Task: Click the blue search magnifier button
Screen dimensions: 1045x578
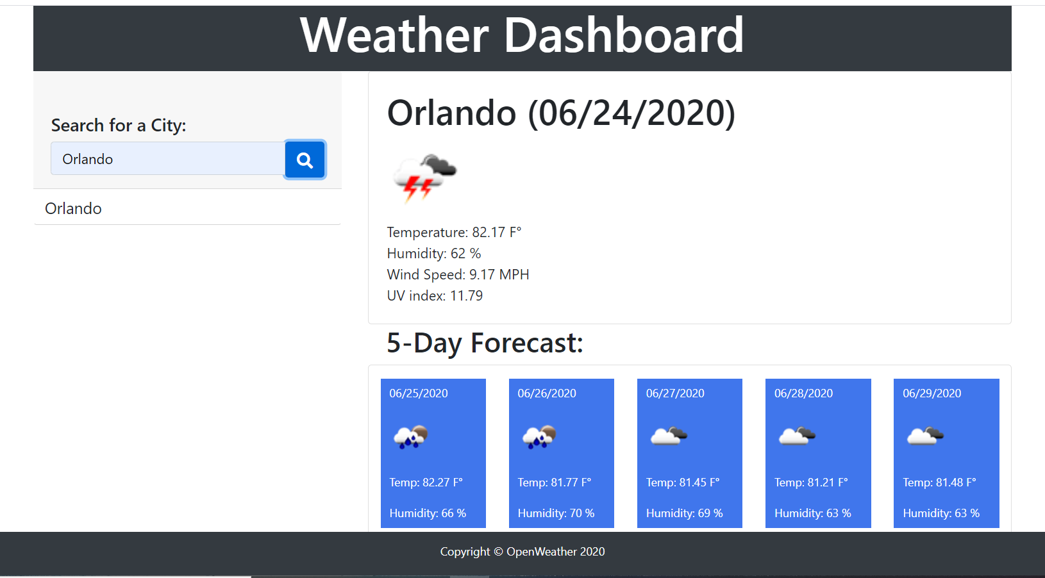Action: [x=305, y=160]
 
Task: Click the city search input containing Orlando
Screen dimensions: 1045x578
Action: [x=168, y=159]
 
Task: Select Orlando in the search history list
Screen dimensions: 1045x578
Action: [x=73, y=208]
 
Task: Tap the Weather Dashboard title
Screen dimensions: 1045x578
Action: [x=522, y=35]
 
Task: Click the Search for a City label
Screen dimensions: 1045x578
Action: [x=119, y=126]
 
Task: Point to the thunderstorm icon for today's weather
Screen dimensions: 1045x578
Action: [x=424, y=178]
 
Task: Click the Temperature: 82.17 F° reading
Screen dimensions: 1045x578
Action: [x=454, y=232]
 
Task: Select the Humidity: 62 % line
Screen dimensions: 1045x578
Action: [x=434, y=254]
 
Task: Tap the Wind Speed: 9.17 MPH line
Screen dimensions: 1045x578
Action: [x=458, y=274]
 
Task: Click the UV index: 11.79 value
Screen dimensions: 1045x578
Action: [x=435, y=295]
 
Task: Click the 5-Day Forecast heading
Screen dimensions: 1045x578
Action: [x=485, y=343]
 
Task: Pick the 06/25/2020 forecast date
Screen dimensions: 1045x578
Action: [x=419, y=393]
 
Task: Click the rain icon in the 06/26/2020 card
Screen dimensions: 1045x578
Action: [x=539, y=437]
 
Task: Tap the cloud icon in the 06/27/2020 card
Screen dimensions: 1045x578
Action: [x=669, y=436]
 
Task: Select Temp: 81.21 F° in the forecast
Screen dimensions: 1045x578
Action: [x=811, y=483]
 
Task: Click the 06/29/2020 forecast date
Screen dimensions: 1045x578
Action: [x=932, y=393]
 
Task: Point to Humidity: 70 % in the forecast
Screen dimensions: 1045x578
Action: [x=556, y=513]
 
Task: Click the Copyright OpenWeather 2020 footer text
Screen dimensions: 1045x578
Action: [x=522, y=552]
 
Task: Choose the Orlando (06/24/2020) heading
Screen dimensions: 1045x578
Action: [x=561, y=113]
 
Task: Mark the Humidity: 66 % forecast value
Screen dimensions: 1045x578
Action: [x=428, y=513]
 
